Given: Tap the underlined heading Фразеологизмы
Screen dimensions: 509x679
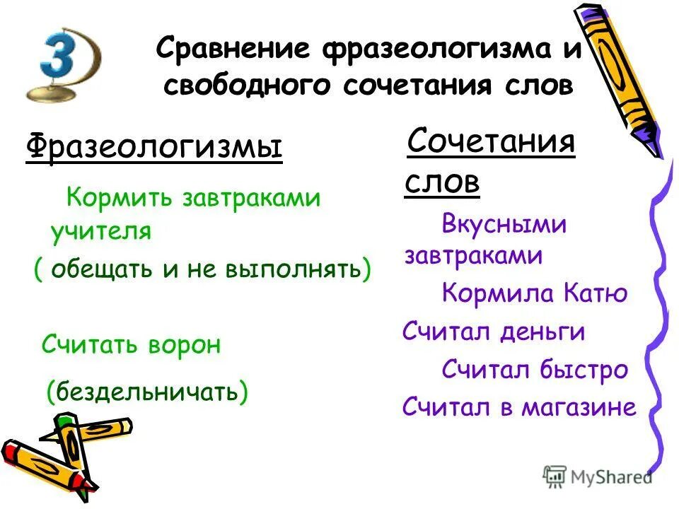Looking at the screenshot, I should pyautogui.click(x=153, y=148).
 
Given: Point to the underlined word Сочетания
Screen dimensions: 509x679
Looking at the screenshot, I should pyautogui.click(x=490, y=141).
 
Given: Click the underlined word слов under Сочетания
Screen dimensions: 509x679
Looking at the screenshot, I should pyautogui.click(x=442, y=182).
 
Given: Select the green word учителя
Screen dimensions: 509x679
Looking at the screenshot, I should pyautogui.click(x=100, y=231).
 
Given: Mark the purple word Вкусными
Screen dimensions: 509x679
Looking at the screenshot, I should pyautogui.click(x=504, y=225).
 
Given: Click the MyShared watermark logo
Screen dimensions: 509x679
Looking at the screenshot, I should pyautogui.click(x=598, y=476).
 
